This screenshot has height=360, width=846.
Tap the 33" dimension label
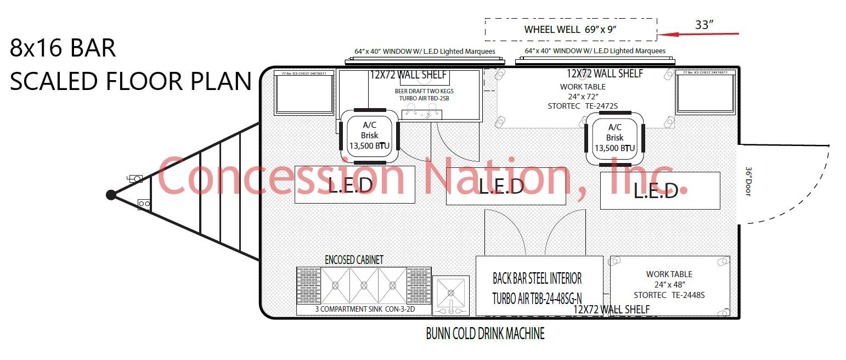click(704, 25)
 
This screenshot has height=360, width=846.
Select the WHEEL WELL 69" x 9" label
click(571, 30)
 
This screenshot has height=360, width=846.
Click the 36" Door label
click(748, 182)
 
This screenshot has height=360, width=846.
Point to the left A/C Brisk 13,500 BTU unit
click(369, 136)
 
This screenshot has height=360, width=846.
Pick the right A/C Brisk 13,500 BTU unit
click(614, 138)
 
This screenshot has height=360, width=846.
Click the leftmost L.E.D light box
click(354, 184)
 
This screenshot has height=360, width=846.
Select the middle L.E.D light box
click(505, 186)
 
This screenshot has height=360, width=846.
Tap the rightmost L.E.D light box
click(659, 190)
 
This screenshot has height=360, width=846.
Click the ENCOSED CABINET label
click(354, 260)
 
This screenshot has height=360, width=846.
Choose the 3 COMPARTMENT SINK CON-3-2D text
click(364, 309)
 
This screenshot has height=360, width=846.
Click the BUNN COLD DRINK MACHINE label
click(485, 333)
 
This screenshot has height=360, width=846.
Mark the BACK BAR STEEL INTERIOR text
click(537, 278)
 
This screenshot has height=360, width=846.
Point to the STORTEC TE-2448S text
click(669, 295)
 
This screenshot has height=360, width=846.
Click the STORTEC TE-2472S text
click(583, 106)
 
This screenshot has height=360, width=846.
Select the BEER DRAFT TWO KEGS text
click(424, 91)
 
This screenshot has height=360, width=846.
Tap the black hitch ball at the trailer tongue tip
click(111, 195)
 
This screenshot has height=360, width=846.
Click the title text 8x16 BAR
click(63, 48)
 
